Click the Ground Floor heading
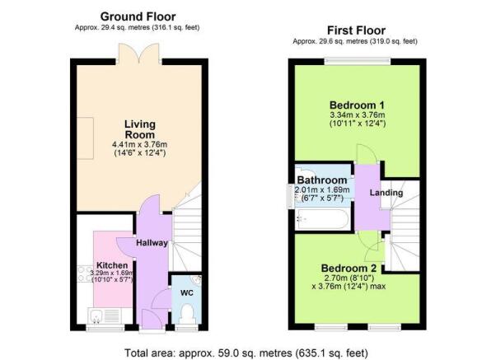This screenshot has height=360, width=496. tap(138, 16)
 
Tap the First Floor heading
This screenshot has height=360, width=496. tap(356, 30)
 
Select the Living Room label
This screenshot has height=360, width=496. tap(140, 129)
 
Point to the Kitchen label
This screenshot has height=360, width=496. tap(112, 265)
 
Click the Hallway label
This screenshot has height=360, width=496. tap(152, 243)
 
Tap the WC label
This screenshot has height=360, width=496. tap(187, 293)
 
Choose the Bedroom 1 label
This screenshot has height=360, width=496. tap(357, 105)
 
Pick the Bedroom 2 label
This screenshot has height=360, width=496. tap(349, 269)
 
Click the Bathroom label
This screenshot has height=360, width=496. tap(322, 180)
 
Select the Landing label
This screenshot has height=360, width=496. tap(386, 192)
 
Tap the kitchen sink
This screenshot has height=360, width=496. tap(96, 316)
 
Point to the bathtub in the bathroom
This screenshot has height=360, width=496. tap(322, 220)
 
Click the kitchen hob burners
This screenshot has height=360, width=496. tap(85, 274)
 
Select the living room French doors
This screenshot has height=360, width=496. tap(139, 54)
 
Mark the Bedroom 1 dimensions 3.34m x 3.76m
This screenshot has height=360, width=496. tap(357, 115)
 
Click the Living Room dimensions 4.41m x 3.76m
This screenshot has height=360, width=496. tap(139, 144)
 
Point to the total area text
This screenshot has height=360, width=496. tap(246, 353)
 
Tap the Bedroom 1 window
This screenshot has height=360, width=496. tap(357, 62)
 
